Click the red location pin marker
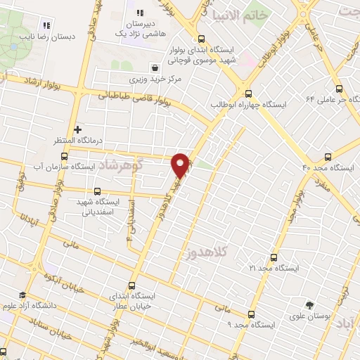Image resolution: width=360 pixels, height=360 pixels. [181, 165]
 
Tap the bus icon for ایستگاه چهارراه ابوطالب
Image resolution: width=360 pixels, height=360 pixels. [248, 92]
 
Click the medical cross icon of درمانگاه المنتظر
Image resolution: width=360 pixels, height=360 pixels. [77, 129]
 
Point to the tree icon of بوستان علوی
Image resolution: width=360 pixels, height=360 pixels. [309, 305]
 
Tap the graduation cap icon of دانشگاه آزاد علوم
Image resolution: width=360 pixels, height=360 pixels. [22, 295]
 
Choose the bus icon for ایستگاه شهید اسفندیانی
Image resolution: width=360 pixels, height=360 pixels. [96, 191]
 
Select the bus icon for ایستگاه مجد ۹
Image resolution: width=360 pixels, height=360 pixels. [251, 314]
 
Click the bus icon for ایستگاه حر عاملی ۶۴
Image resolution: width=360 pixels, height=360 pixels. [340, 89]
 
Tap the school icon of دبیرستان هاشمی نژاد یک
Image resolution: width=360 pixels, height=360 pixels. [140, 13]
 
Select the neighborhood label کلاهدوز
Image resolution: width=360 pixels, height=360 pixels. [207, 250]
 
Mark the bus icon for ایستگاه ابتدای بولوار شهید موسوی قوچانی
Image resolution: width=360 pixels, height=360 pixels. [202, 39]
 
